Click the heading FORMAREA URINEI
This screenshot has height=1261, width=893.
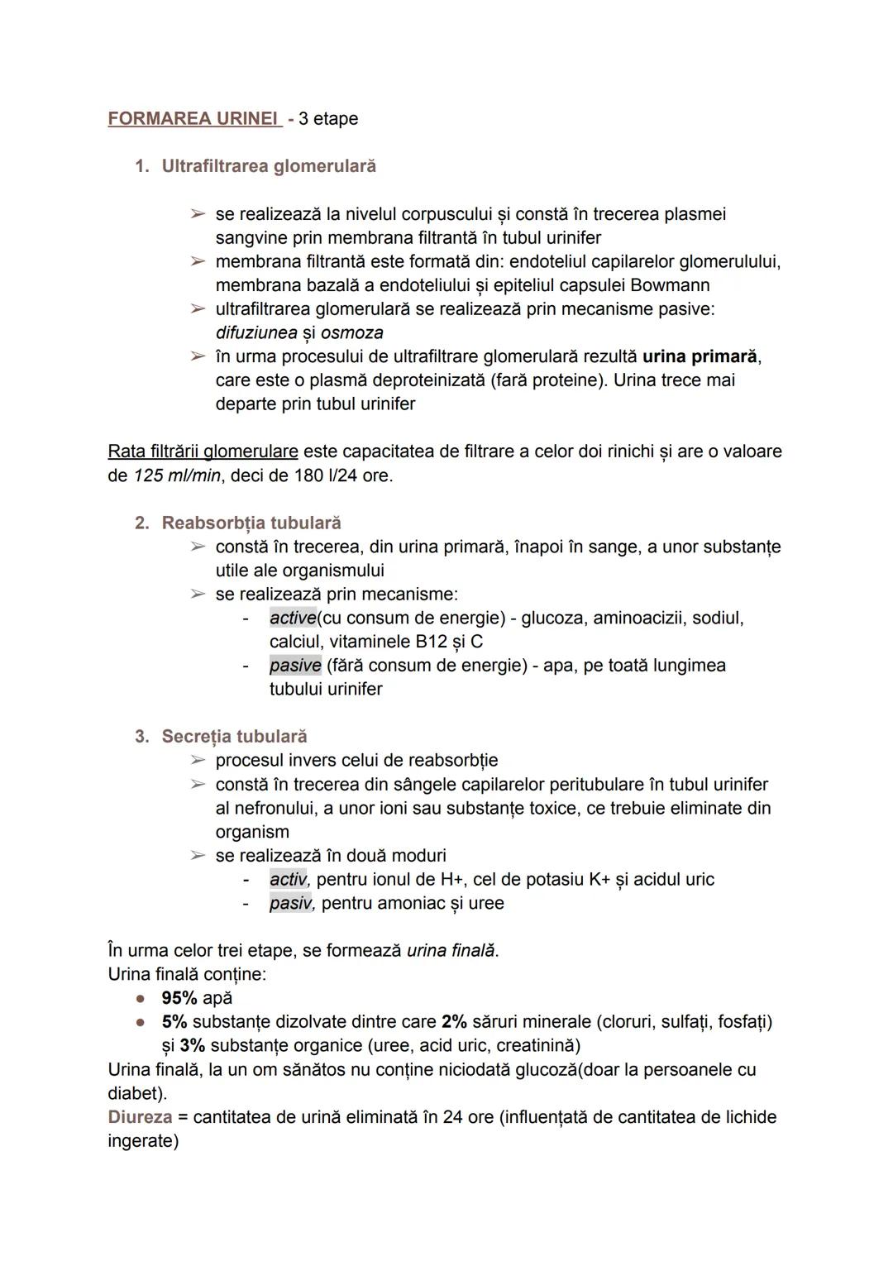coord(193,118)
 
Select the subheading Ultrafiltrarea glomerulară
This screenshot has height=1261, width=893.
coord(268,166)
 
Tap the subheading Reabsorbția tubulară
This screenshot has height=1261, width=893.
coord(251,523)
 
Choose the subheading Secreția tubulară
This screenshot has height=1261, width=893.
coord(234,736)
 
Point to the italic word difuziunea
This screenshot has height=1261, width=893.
coord(255,332)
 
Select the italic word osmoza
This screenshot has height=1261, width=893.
coord(351,332)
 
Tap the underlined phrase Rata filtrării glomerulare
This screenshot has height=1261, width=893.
coord(203,451)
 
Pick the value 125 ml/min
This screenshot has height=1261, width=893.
coord(179,475)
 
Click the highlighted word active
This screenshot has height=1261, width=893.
coord(293,618)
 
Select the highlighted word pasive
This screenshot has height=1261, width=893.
coord(295,666)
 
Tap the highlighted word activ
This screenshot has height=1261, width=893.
coord(289,879)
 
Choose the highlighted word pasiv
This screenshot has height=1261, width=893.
coord(291,903)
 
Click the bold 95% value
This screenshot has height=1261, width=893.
coord(179,998)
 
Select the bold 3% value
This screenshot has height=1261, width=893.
coord(192,1045)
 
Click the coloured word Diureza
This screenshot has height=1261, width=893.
coord(140,1117)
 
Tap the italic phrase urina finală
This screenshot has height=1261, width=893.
coord(451,950)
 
